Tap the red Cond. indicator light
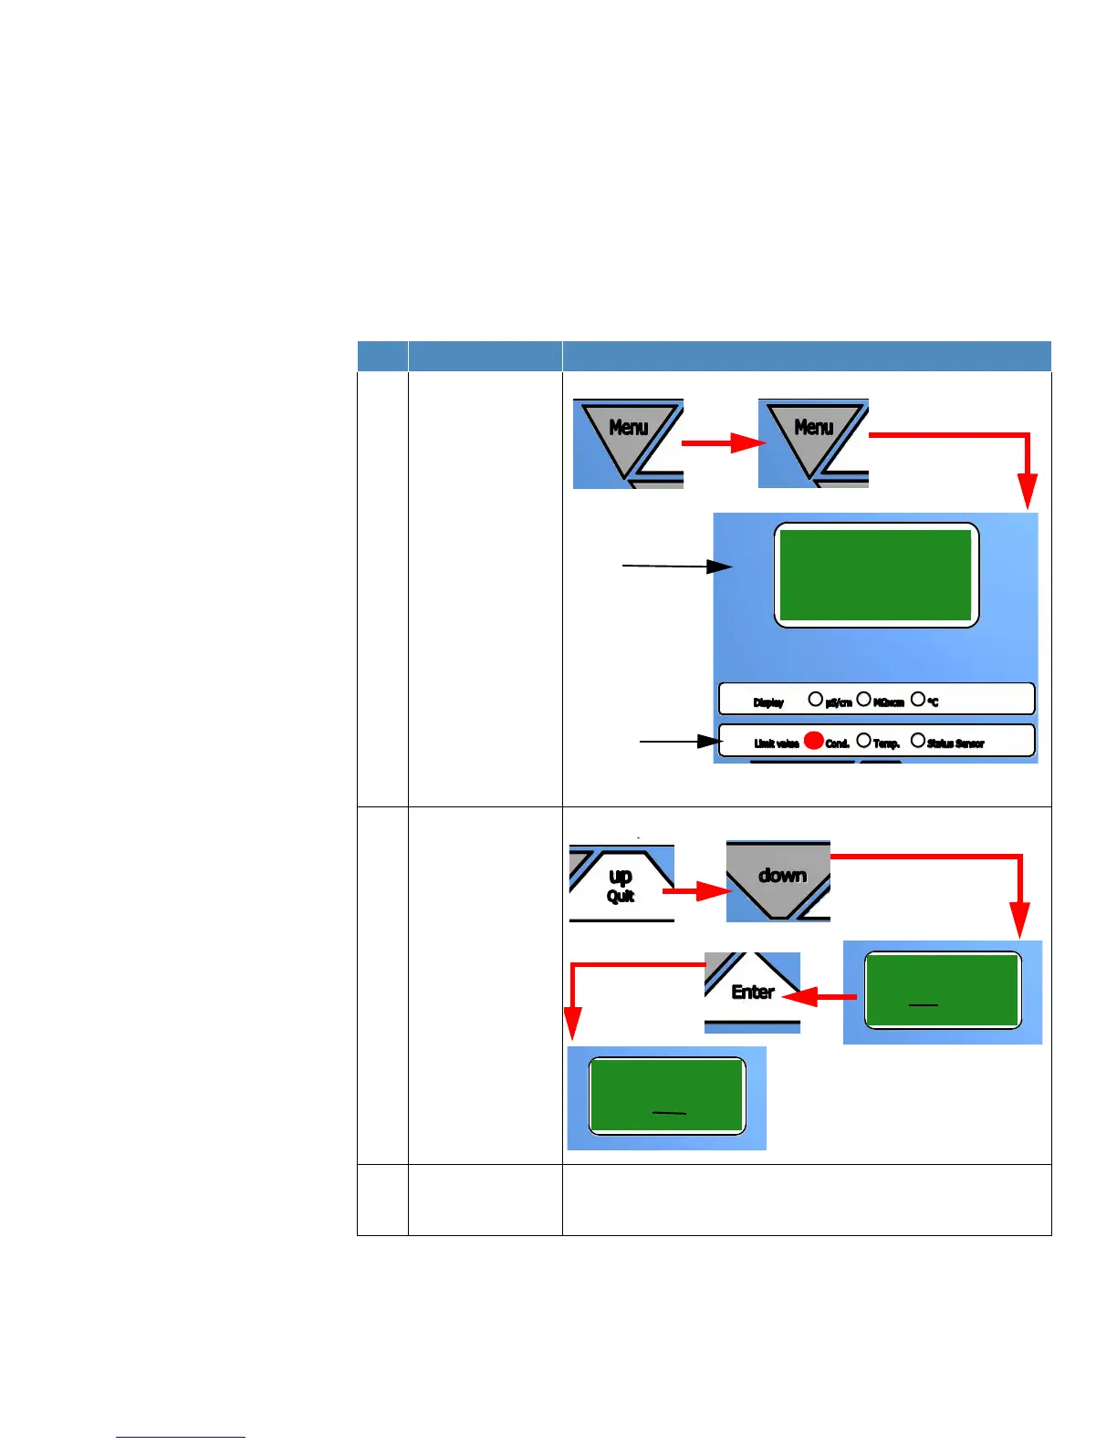[x=814, y=741]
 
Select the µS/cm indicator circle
[x=816, y=700]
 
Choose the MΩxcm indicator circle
[x=863, y=700]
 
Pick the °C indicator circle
[x=918, y=700]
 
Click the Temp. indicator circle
[x=863, y=741]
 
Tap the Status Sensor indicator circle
[x=918, y=741]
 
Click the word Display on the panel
[x=768, y=702]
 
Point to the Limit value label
[x=777, y=743]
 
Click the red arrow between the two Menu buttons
[x=720, y=443]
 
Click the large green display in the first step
[x=876, y=575]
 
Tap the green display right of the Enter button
[x=942, y=991]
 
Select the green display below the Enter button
[x=667, y=1096]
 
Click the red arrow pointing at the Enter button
[x=819, y=997]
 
